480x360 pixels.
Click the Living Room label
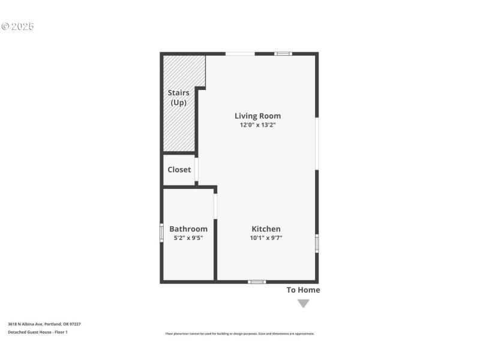pos(257,116)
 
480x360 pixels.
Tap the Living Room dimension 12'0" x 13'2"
pos(257,125)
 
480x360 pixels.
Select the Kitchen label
pos(266,229)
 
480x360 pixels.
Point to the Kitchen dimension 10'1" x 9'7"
pos(266,238)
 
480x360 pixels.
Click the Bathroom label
pos(188,229)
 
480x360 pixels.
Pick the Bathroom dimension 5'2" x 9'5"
pos(188,238)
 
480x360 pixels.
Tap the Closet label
pos(179,170)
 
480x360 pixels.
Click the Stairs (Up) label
pos(179,97)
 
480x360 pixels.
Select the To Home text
pos(303,290)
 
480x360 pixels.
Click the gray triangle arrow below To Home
pos(304,303)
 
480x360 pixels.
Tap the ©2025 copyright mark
pos(18,26)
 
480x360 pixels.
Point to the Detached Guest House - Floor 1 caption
pos(37,332)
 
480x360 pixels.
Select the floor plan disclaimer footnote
pos(239,334)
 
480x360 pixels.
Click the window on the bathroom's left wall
pos(161,232)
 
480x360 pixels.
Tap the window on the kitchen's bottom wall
pos(257,281)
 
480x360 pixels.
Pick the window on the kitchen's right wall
pos(317,244)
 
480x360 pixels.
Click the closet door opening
pos(196,169)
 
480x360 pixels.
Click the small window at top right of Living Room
pos(283,54)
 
